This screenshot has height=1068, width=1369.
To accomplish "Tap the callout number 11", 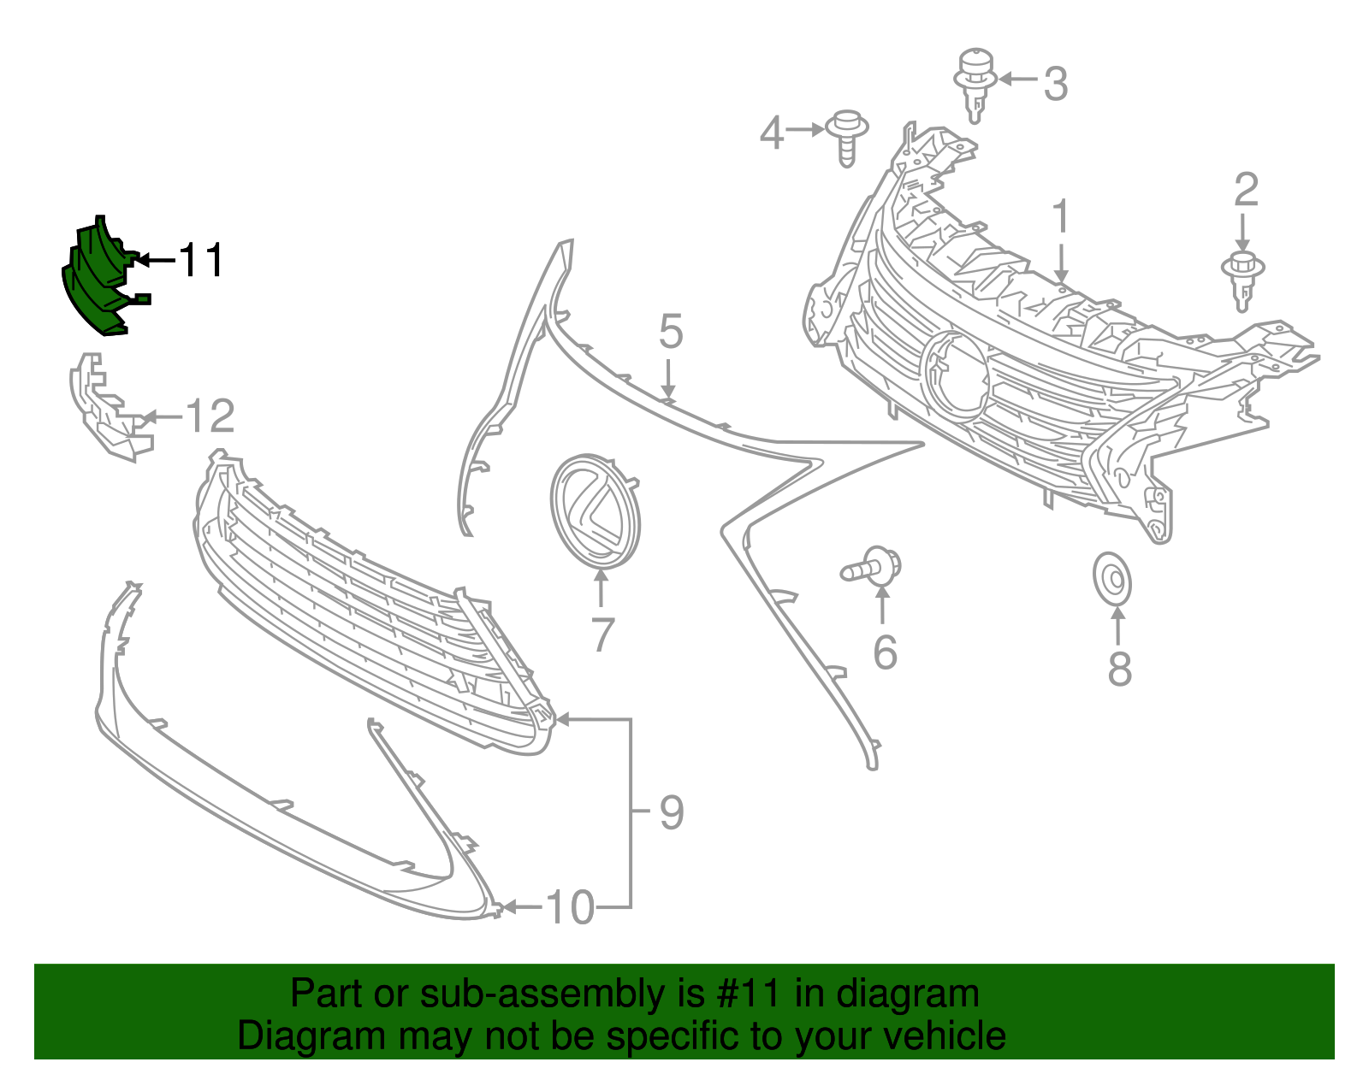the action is [x=201, y=260].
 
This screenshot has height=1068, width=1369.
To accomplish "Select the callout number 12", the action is [x=210, y=416].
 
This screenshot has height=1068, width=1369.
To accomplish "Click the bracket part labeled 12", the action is [x=107, y=409].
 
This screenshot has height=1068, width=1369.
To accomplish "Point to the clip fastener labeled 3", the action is [x=975, y=85].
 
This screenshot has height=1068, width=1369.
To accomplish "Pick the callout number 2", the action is [x=1246, y=190].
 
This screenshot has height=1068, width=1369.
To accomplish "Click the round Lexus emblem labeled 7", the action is [x=596, y=511].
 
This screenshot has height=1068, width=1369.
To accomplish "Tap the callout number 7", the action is [x=602, y=635].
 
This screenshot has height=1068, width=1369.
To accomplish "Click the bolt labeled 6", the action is [x=871, y=566].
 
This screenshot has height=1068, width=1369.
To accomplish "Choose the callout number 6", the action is [x=885, y=652].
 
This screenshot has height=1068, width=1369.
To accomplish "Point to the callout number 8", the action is [x=1119, y=669].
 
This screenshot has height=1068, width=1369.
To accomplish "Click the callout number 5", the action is [x=671, y=332].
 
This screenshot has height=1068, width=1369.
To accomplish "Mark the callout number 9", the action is [x=672, y=812].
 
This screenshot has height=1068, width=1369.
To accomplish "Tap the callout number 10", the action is [x=571, y=907].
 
